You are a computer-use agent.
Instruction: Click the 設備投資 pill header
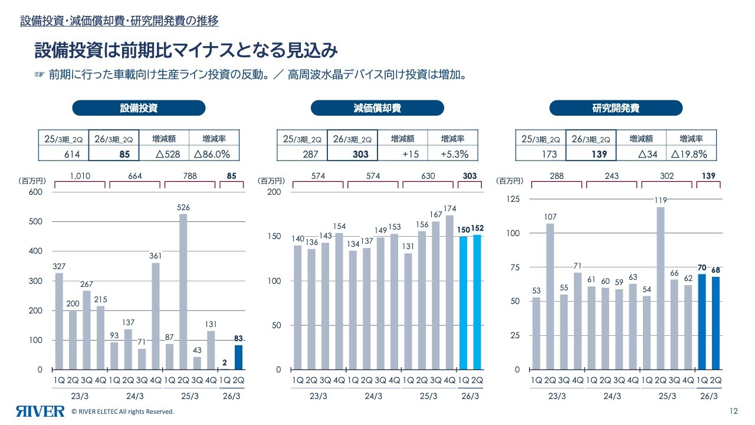[139, 108]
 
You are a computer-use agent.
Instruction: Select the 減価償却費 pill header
[377, 108]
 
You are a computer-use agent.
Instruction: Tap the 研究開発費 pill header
[616, 108]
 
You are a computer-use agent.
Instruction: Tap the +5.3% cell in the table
[452, 154]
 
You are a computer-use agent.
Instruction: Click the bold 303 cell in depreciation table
[352, 154]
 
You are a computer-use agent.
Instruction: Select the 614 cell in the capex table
[63, 154]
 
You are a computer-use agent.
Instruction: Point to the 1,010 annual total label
[80, 176]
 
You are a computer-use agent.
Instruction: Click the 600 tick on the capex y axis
[36, 192]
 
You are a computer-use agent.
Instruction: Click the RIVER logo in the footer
[40, 411]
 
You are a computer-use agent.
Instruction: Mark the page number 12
[734, 411]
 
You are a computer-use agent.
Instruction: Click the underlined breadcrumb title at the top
[119, 21]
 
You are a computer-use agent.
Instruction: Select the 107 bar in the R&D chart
[550, 296]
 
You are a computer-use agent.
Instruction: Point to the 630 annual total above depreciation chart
[428, 176]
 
